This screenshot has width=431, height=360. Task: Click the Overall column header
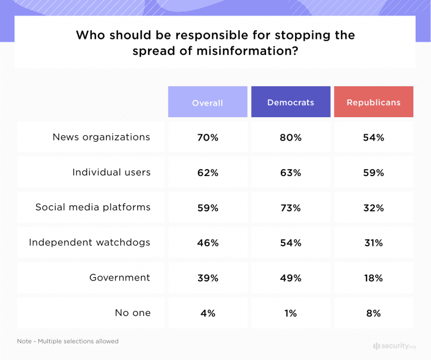click(x=207, y=102)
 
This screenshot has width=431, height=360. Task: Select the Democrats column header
click(x=291, y=102)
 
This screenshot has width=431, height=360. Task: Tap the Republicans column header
click(x=373, y=102)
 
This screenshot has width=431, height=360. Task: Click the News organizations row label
click(x=101, y=137)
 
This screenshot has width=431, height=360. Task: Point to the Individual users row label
click(x=111, y=172)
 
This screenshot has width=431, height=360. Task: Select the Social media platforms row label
click(x=93, y=207)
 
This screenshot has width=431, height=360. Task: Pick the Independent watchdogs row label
click(x=90, y=242)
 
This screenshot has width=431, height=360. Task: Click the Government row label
click(x=120, y=278)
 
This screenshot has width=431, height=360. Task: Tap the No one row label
click(x=133, y=313)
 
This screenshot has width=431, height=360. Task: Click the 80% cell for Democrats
click(x=291, y=138)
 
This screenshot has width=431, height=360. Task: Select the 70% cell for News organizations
click(x=207, y=138)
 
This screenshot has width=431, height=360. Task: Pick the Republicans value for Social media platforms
click(x=373, y=208)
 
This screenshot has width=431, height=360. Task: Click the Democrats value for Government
click(x=291, y=278)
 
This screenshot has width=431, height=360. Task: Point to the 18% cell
click(x=373, y=278)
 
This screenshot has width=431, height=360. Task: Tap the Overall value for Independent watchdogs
click(x=207, y=243)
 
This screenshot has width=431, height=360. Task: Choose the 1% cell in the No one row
click(x=291, y=314)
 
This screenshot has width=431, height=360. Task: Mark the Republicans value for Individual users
click(x=373, y=173)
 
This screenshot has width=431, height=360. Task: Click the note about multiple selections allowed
click(x=68, y=341)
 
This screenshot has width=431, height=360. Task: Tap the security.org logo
click(x=394, y=346)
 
